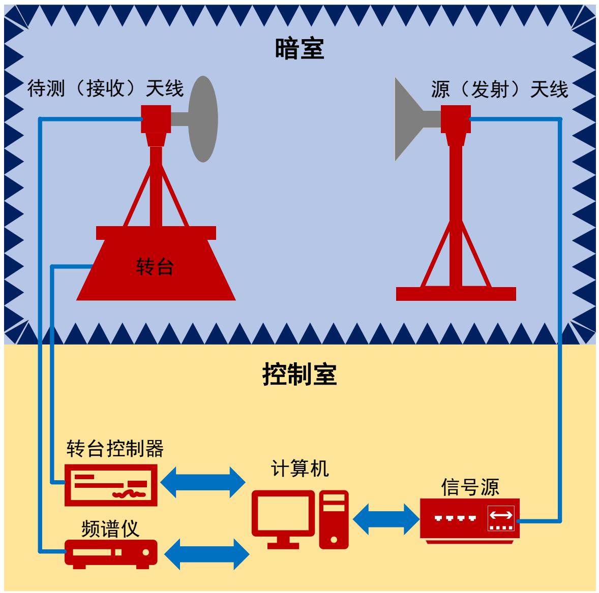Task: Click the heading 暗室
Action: click(x=299, y=49)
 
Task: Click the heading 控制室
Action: click(x=299, y=375)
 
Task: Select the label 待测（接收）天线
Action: click(x=105, y=89)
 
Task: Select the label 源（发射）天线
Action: click(x=499, y=90)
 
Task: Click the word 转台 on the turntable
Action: click(x=155, y=266)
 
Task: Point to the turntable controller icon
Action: click(x=111, y=484)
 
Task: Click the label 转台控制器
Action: click(x=115, y=449)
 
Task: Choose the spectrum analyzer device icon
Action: click(x=111, y=552)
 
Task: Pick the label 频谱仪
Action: click(x=110, y=529)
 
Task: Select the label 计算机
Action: click(x=299, y=469)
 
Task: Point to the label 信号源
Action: click(x=470, y=487)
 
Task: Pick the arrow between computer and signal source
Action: click(x=384, y=519)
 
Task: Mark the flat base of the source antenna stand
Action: click(x=456, y=294)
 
